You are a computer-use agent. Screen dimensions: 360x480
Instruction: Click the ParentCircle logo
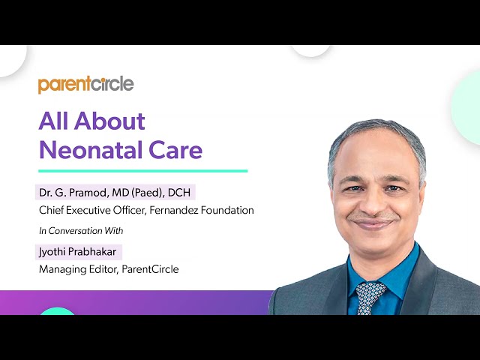[x=85, y=84]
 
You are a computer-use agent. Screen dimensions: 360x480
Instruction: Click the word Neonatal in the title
[x=82, y=150]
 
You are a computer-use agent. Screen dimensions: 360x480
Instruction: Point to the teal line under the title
[x=142, y=171]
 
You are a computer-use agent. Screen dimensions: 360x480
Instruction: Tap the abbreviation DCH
[x=181, y=193]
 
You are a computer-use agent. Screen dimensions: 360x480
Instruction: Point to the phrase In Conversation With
[x=81, y=230]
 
